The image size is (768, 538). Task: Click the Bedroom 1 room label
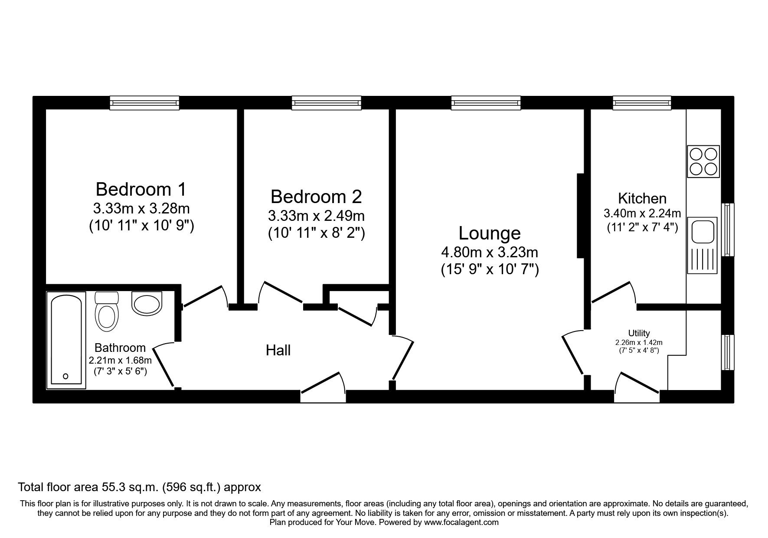point(141,190)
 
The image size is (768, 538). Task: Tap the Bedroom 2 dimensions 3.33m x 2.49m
point(316,216)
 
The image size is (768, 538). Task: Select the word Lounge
point(490,233)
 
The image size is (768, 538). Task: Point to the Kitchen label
point(642,199)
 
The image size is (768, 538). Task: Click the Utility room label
point(639,333)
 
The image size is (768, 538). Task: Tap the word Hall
point(278,350)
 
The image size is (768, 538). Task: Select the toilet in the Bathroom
point(107,310)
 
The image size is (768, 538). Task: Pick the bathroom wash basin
point(147,303)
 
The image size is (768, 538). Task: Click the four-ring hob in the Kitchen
point(703,161)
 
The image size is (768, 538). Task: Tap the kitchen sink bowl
point(702,231)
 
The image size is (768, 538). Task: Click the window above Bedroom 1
point(144,102)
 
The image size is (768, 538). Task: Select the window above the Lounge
point(486,102)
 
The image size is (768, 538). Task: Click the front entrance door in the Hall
point(323,384)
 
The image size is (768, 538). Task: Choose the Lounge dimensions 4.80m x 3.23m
point(490,252)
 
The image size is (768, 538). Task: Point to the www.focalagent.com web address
point(461,522)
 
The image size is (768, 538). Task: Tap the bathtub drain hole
point(66,376)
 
